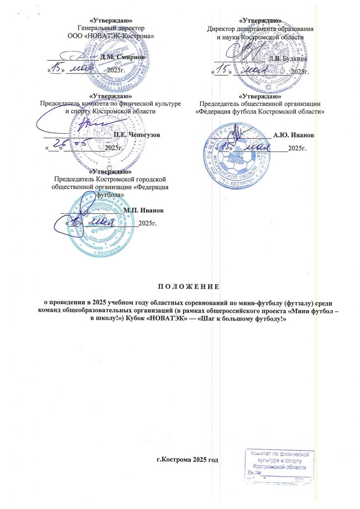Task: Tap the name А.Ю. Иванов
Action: [x=293, y=135]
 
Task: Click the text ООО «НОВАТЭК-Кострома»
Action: [x=110, y=36]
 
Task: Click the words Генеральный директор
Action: [x=110, y=28]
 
